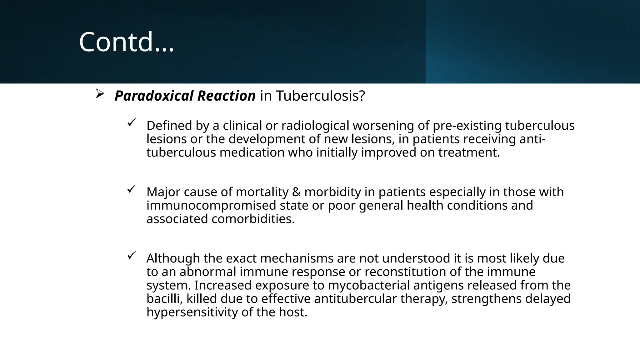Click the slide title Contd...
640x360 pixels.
point(126,42)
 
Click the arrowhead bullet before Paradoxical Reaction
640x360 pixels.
point(99,94)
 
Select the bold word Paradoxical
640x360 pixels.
point(154,96)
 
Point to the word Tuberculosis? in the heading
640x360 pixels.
point(320,96)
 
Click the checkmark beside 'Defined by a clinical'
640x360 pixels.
point(131,123)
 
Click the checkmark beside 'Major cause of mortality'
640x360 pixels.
point(131,189)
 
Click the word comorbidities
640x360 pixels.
point(253,219)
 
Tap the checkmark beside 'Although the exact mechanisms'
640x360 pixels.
point(131,255)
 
